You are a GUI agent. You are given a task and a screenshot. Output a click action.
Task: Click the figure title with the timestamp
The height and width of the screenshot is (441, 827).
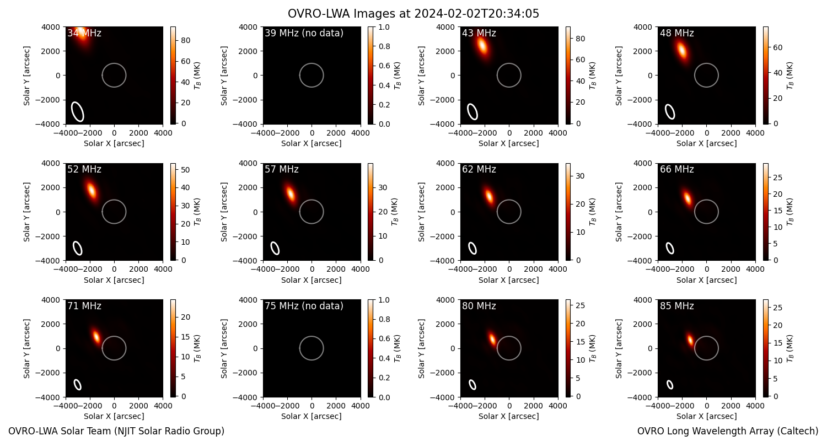click(x=413, y=14)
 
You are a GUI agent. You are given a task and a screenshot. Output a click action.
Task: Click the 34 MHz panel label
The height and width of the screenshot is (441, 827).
click(x=84, y=33)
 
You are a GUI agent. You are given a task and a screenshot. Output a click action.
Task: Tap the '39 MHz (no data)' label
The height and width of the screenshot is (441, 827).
click(x=304, y=33)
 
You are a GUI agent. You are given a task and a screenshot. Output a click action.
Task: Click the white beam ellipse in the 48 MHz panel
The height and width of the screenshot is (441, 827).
click(x=670, y=112)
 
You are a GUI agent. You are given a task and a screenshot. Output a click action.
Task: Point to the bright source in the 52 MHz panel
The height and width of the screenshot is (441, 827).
click(x=91, y=191)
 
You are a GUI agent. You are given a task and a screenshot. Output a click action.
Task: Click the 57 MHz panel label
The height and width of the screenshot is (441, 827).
click(x=282, y=169)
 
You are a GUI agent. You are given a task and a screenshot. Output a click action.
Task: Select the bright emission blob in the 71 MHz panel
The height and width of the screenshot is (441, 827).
click(x=96, y=336)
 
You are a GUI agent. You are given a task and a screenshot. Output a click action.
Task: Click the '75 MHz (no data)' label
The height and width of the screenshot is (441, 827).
click(x=304, y=306)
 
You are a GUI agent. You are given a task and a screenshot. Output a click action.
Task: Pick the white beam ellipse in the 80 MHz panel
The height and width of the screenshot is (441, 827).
click(x=472, y=385)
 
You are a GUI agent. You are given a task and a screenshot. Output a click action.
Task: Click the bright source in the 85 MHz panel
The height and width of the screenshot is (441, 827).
click(x=690, y=339)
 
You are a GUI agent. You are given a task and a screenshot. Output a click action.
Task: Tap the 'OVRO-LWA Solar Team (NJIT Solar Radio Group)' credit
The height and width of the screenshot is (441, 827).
click(x=116, y=431)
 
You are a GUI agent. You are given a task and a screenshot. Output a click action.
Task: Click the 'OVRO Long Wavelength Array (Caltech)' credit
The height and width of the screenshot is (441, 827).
click(x=728, y=431)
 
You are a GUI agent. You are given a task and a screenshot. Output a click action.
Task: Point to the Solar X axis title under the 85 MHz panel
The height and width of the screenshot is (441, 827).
click(x=707, y=416)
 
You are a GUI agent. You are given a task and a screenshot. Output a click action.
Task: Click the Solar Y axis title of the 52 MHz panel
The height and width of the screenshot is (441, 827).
click(x=26, y=212)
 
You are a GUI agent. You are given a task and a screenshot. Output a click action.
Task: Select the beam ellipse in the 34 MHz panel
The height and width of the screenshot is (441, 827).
click(x=78, y=112)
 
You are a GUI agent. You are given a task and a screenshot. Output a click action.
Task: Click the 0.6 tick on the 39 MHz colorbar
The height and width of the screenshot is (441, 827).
click(x=384, y=66)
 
